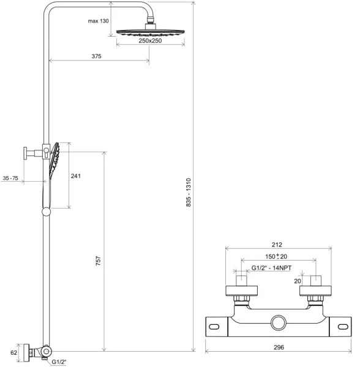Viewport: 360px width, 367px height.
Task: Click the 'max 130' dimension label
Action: coord(98,21)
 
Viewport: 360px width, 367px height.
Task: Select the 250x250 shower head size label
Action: coord(150,49)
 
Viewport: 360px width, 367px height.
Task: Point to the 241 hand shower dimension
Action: coord(76,176)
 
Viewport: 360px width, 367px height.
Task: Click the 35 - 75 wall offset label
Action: coord(11,178)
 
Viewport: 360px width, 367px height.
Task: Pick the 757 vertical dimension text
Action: coord(98,260)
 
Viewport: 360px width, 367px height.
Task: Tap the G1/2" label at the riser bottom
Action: coord(58,363)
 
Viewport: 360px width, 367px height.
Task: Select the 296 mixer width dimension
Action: coord(279,347)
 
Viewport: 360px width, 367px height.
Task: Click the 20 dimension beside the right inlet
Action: coord(298,282)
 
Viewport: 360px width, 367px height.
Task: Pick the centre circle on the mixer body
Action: coord(279,322)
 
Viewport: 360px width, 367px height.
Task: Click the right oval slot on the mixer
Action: coord(342,327)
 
